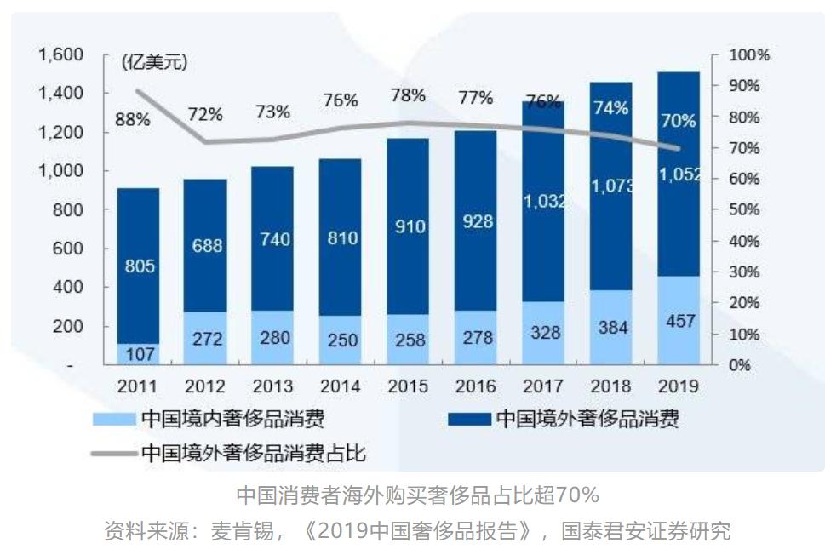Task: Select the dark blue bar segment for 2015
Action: (407, 226)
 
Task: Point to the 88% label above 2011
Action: (133, 120)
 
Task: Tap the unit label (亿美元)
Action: (154, 62)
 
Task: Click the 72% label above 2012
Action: (204, 113)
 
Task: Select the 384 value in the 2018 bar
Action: (610, 328)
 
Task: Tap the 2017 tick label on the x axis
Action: (543, 386)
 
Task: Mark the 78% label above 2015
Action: (408, 95)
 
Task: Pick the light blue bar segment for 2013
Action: (273, 338)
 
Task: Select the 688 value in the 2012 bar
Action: (205, 246)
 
